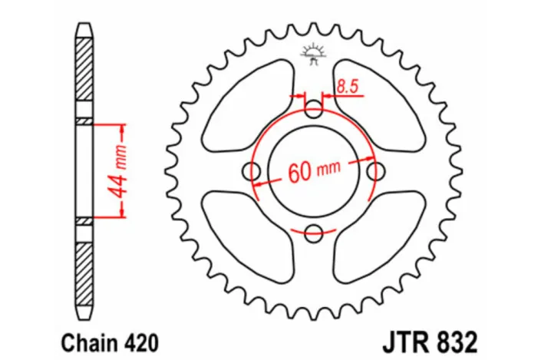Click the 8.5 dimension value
tap(348, 87)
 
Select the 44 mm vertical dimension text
tap(119, 170)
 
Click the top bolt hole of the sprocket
tap(314, 109)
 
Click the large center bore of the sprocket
tap(314, 146)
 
